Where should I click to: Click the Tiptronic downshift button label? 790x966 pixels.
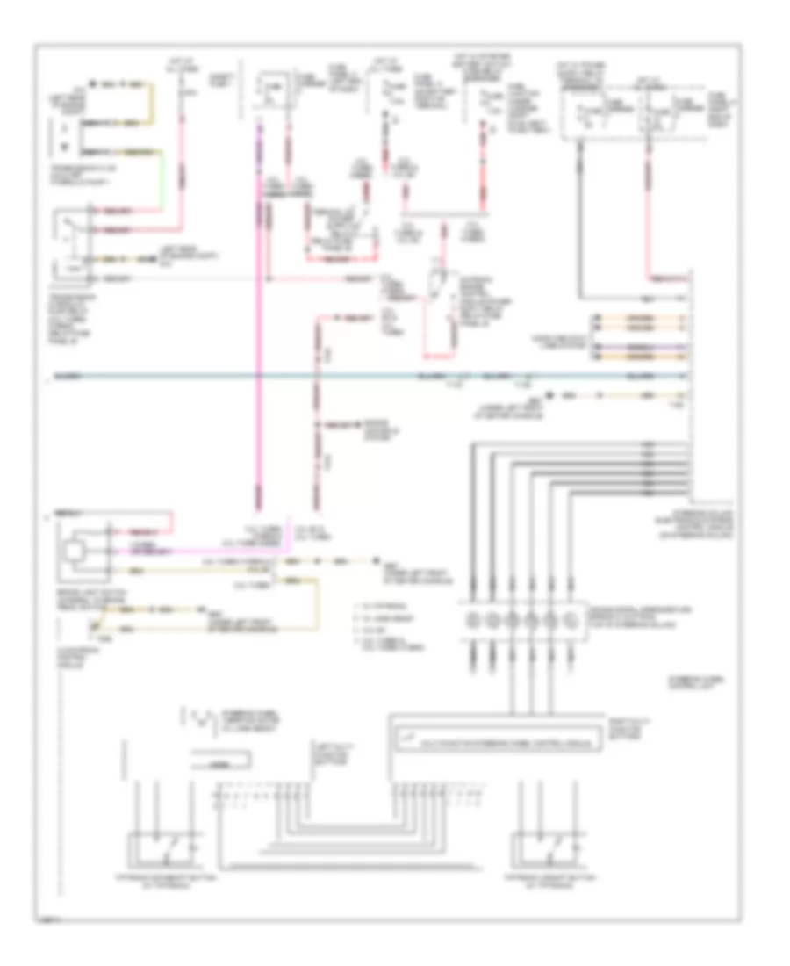coord(157,881)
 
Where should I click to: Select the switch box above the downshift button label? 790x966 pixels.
coord(162,847)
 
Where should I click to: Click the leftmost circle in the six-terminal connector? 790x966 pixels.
coord(474,620)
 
